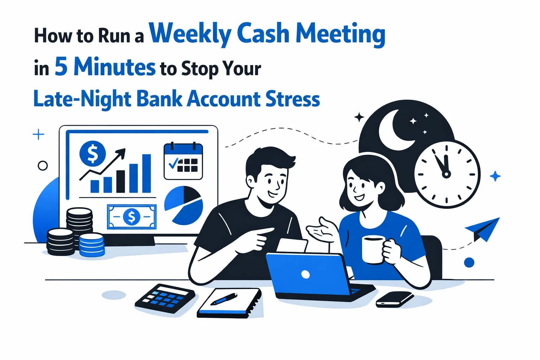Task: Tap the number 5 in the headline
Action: pos(61,66)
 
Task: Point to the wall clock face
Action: pos(446,174)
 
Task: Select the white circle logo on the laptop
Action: pos(306,275)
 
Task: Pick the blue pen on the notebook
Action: pos(224,299)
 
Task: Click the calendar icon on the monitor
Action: pos(183,161)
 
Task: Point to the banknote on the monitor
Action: pos(131,217)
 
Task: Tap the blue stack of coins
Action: pos(92,245)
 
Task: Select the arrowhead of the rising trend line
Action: pos(121,152)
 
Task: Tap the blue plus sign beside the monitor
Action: pos(38,134)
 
